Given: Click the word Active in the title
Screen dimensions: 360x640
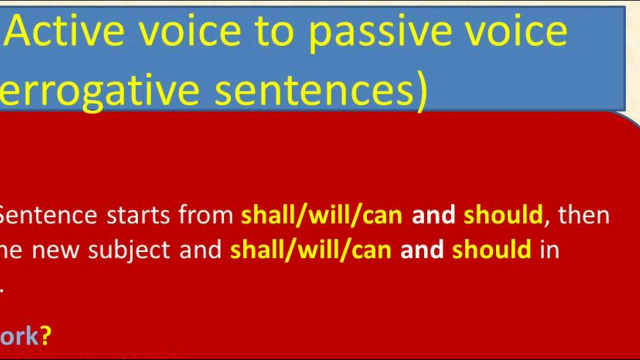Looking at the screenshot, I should (x=65, y=31).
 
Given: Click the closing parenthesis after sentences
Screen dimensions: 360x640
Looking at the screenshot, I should (x=421, y=91).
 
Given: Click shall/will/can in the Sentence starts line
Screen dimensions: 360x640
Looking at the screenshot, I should (x=321, y=215).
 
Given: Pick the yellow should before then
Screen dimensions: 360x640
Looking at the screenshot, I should (x=503, y=215).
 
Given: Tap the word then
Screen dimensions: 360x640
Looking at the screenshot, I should (x=583, y=215).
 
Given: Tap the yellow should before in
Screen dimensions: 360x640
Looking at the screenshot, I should (x=491, y=249).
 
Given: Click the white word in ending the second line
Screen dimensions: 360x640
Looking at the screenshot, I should (x=549, y=249).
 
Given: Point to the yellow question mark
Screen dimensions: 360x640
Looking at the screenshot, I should (x=46, y=335).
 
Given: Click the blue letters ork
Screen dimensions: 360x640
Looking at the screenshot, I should (x=19, y=336).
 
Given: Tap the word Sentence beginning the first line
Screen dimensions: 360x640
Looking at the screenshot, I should (x=48, y=215).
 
